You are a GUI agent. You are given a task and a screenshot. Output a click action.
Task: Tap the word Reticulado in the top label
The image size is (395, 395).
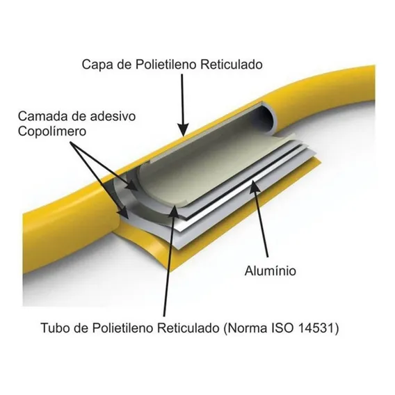[232, 64]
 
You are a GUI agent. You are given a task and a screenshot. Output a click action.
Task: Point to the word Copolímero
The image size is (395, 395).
[52, 131]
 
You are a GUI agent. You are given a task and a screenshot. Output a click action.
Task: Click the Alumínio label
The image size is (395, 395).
[271, 271]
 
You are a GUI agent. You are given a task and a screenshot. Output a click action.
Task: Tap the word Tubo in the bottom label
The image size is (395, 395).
[55, 328]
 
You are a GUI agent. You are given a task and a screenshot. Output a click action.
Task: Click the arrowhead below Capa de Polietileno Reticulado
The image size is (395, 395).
[184, 129]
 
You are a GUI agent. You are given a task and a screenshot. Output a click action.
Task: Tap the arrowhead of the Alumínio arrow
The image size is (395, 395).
[256, 188]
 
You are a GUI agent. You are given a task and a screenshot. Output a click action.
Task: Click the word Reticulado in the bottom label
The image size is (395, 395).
[190, 328]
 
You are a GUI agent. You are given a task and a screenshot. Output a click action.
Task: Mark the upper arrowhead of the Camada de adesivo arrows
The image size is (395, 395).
[133, 186]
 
